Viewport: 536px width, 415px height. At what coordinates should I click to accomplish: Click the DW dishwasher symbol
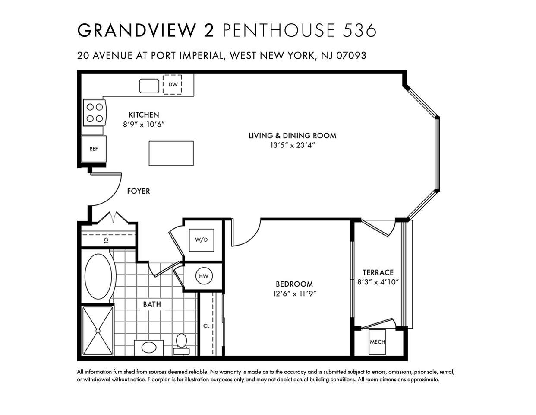click(172, 84)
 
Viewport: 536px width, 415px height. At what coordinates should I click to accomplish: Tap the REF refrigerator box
click(94, 149)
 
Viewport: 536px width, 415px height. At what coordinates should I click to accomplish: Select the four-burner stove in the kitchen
click(95, 113)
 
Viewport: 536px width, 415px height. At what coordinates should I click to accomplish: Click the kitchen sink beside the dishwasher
click(149, 86)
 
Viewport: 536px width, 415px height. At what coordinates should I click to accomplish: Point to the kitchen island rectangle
click(171, 153)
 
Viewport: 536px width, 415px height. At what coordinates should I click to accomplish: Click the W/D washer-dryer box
click(201, 240)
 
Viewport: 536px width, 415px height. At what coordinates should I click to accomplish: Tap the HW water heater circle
click(204, 276)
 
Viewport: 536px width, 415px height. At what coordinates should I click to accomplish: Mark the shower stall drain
click(98, 331)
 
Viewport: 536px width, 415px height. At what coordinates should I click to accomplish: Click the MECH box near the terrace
click(377, 342)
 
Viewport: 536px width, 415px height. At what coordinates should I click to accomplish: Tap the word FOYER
click(139, 191)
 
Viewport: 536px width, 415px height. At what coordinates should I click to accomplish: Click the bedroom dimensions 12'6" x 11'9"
click(294, 294)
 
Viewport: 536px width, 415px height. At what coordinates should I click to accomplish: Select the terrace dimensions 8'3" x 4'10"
click(378, 282)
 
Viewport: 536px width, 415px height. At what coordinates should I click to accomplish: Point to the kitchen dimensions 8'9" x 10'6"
click(144, 124)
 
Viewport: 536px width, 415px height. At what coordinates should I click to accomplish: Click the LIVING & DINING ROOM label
click(292, 136)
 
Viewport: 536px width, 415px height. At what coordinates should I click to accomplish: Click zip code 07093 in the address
click(351, 56)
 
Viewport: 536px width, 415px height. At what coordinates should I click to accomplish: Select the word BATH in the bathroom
click(152, 304)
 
